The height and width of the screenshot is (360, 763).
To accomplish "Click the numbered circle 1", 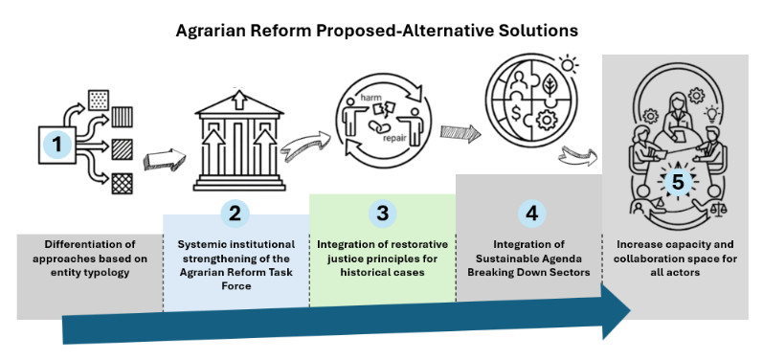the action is tap(57, 145).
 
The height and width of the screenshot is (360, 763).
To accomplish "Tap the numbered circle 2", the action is tap(236, 214).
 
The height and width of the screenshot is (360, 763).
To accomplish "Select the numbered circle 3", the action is tap(383, 214).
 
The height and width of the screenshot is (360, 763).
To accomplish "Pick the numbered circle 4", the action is tap(532, 214).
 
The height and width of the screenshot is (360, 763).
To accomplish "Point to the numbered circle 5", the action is tap(678, 183).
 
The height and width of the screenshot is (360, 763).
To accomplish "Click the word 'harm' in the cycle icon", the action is tap(370, 99).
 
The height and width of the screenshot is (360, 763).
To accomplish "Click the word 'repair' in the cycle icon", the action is tap(393, 138).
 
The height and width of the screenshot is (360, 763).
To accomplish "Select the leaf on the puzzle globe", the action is tap(550, 83).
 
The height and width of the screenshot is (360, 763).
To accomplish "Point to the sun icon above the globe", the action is tap(568, 63).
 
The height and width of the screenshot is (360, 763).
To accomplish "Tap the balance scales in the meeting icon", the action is tap(717, 210).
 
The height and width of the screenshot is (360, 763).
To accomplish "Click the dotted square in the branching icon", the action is tap(99, 100).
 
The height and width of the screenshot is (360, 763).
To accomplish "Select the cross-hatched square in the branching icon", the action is tap(123, 184).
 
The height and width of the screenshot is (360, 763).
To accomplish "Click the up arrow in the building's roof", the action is tap(238, 101).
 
